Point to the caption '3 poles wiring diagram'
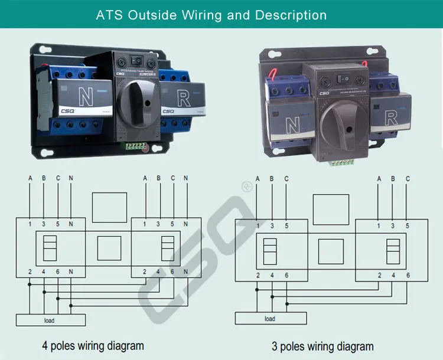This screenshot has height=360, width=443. (323, 346)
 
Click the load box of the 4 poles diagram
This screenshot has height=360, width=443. (50, 320)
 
